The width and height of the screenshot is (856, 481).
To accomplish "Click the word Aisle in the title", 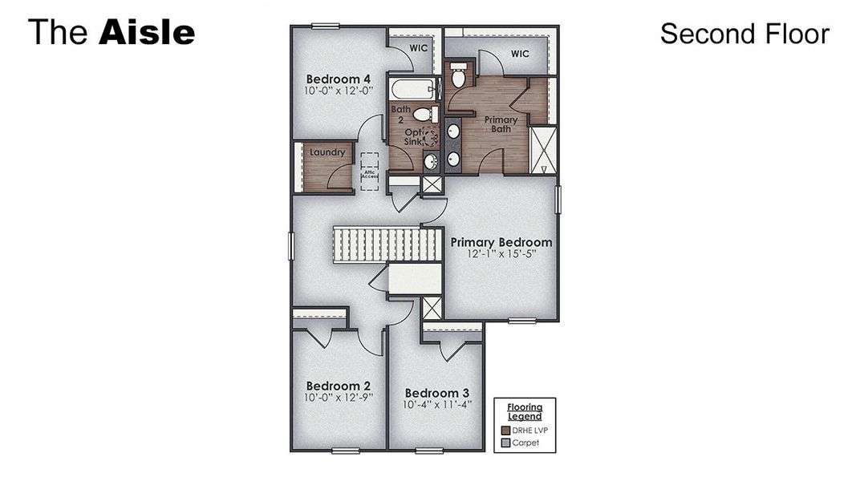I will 147,33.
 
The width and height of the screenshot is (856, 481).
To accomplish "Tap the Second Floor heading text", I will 744,34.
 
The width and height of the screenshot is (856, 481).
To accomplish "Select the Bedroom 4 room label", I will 338,79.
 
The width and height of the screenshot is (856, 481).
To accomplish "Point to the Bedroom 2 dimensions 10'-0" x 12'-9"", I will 339,397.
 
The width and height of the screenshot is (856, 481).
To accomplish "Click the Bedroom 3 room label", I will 436,393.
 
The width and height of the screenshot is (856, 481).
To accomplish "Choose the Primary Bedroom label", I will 501,242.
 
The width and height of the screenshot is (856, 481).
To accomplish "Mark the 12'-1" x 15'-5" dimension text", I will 501,254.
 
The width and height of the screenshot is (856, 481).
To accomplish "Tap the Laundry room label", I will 327,152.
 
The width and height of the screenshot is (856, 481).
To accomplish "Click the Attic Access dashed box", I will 369,172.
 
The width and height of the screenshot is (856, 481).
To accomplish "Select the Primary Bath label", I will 501,124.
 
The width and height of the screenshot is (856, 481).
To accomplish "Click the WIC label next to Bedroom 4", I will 418,48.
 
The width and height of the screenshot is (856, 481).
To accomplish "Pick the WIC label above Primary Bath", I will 520,55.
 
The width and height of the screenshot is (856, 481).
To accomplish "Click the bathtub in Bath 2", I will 412,88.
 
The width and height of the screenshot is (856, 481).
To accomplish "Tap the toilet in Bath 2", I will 425,115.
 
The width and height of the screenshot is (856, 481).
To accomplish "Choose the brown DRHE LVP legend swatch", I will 505,430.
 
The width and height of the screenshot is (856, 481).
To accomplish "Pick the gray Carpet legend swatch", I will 505,443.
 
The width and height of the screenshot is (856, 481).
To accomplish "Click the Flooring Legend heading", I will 524,411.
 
